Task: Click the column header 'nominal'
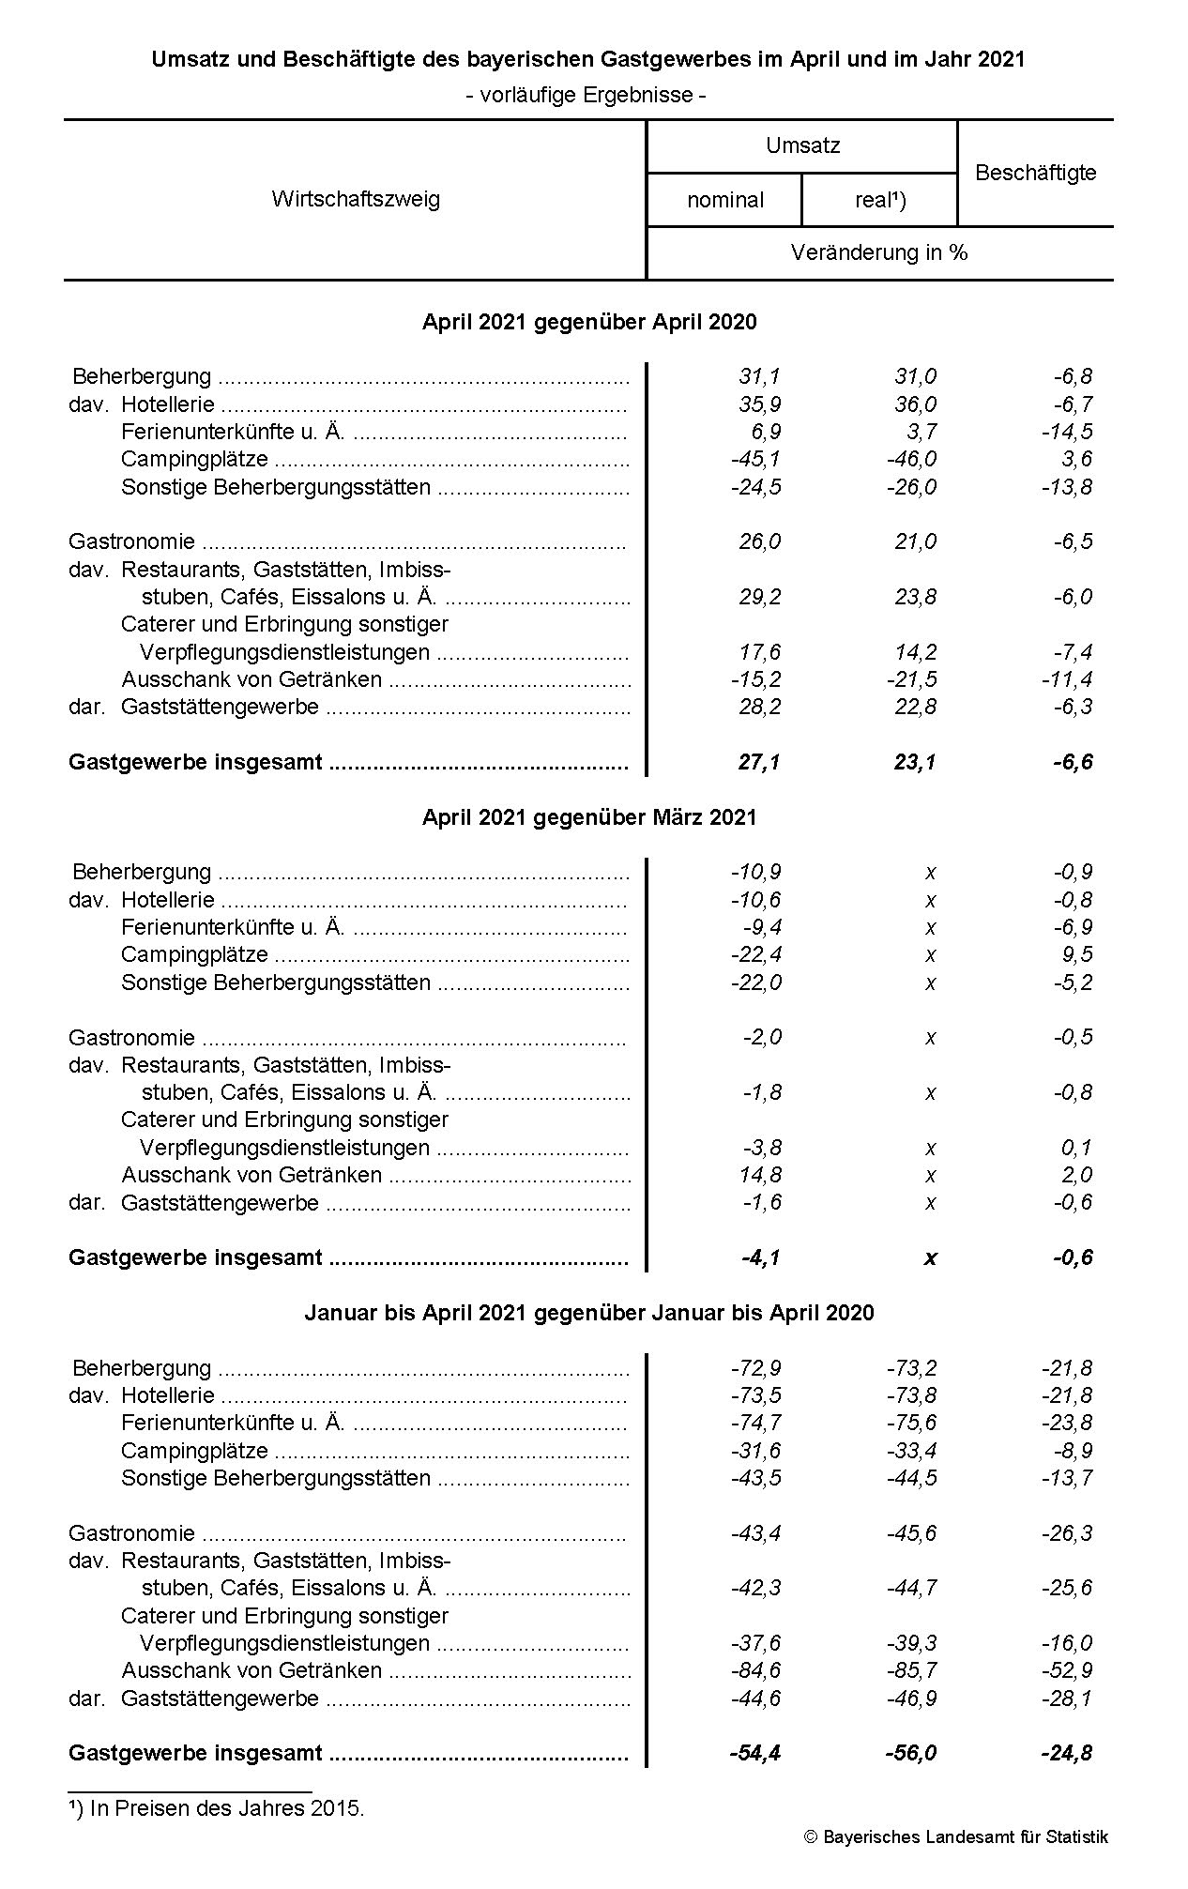tap(725, 200)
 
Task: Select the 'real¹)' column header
tap(880, 200)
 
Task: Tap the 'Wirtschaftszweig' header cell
tap(356, 199)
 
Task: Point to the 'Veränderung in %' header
tap(879, 252)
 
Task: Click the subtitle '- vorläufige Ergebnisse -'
tap(586, 95)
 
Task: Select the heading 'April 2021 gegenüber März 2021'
tap(589, 817)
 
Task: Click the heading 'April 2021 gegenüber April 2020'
tap(589, 322)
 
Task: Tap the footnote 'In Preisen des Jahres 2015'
tap(226, 1807)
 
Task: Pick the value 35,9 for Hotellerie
tap(759, 404)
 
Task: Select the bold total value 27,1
tap(759, 762)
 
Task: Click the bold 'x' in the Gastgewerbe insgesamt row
tap(930, 1258)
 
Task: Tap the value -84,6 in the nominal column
tap(755, 1670)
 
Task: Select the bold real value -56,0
tap(911, 1753)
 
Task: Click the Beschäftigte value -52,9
tap(1067, 1670)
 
